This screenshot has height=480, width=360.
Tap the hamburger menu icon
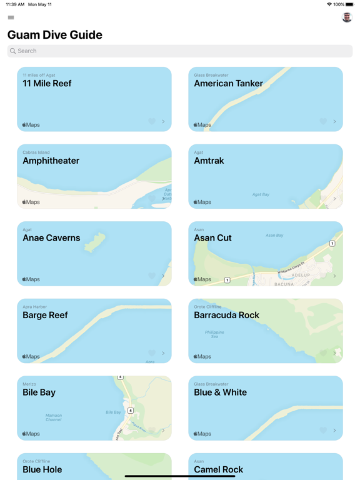pos(11,17)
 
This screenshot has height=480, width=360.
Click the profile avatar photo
pos(347,17)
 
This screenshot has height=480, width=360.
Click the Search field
pos(180,51)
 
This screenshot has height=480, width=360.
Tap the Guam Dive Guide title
pos(55,35)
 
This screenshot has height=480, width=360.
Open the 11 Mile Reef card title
pos(47,83)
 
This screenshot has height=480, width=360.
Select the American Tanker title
pos(228,83)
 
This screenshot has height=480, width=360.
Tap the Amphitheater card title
pos(51,161)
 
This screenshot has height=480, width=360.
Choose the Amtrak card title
pos(209,161)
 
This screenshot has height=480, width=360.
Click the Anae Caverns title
pos(51,238)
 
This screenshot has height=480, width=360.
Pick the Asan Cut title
pos(212,238)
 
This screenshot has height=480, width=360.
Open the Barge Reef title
pos(45,315)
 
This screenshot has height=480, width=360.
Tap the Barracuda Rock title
pos(226,315)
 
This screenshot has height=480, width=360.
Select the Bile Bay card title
pos(39,392)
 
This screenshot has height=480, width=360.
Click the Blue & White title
pos(220,392)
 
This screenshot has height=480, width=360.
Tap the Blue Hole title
pos(42,469)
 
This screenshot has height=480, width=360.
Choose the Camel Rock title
pos(218,469)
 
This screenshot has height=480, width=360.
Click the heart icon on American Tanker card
pos(323,122)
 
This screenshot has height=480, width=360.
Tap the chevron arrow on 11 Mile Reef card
pos(164,122)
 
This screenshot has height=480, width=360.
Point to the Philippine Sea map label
pos(215,334)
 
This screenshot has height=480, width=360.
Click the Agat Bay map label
pos(261,194)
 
